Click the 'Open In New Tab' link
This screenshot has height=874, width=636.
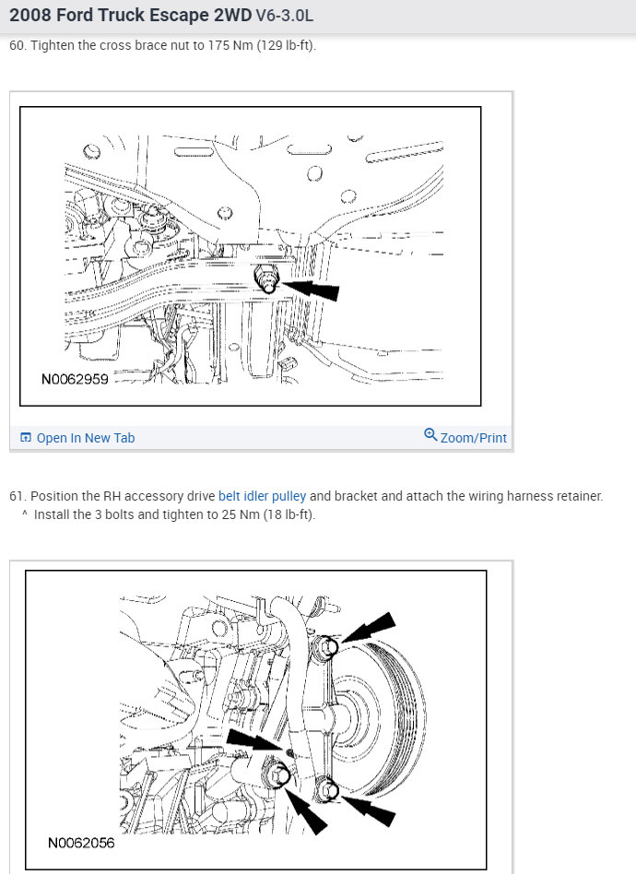(x=86, y=438)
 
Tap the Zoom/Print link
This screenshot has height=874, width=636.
(x=473, y=438)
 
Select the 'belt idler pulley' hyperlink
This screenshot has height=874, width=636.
(x=262, y=496)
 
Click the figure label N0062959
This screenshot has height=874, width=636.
(x=75, y=380)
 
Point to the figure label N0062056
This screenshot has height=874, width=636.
(x=81, y=843)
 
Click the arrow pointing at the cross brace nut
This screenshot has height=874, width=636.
(x=310, y=289)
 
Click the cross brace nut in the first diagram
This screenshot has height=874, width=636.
(x=266, y=278)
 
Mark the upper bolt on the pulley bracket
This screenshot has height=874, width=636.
(x=327, y=647)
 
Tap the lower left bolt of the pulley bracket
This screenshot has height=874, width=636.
(x=277, y=774)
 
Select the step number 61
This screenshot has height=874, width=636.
(x=17, y=496)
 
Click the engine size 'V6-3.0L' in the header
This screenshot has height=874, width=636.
(x=284, y=16)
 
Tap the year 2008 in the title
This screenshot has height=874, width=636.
(x=28, y=15)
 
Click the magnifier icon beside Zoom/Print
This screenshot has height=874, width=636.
(x=430, y=435)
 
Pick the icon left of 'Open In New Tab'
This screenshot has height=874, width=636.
(x=26, y=438)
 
